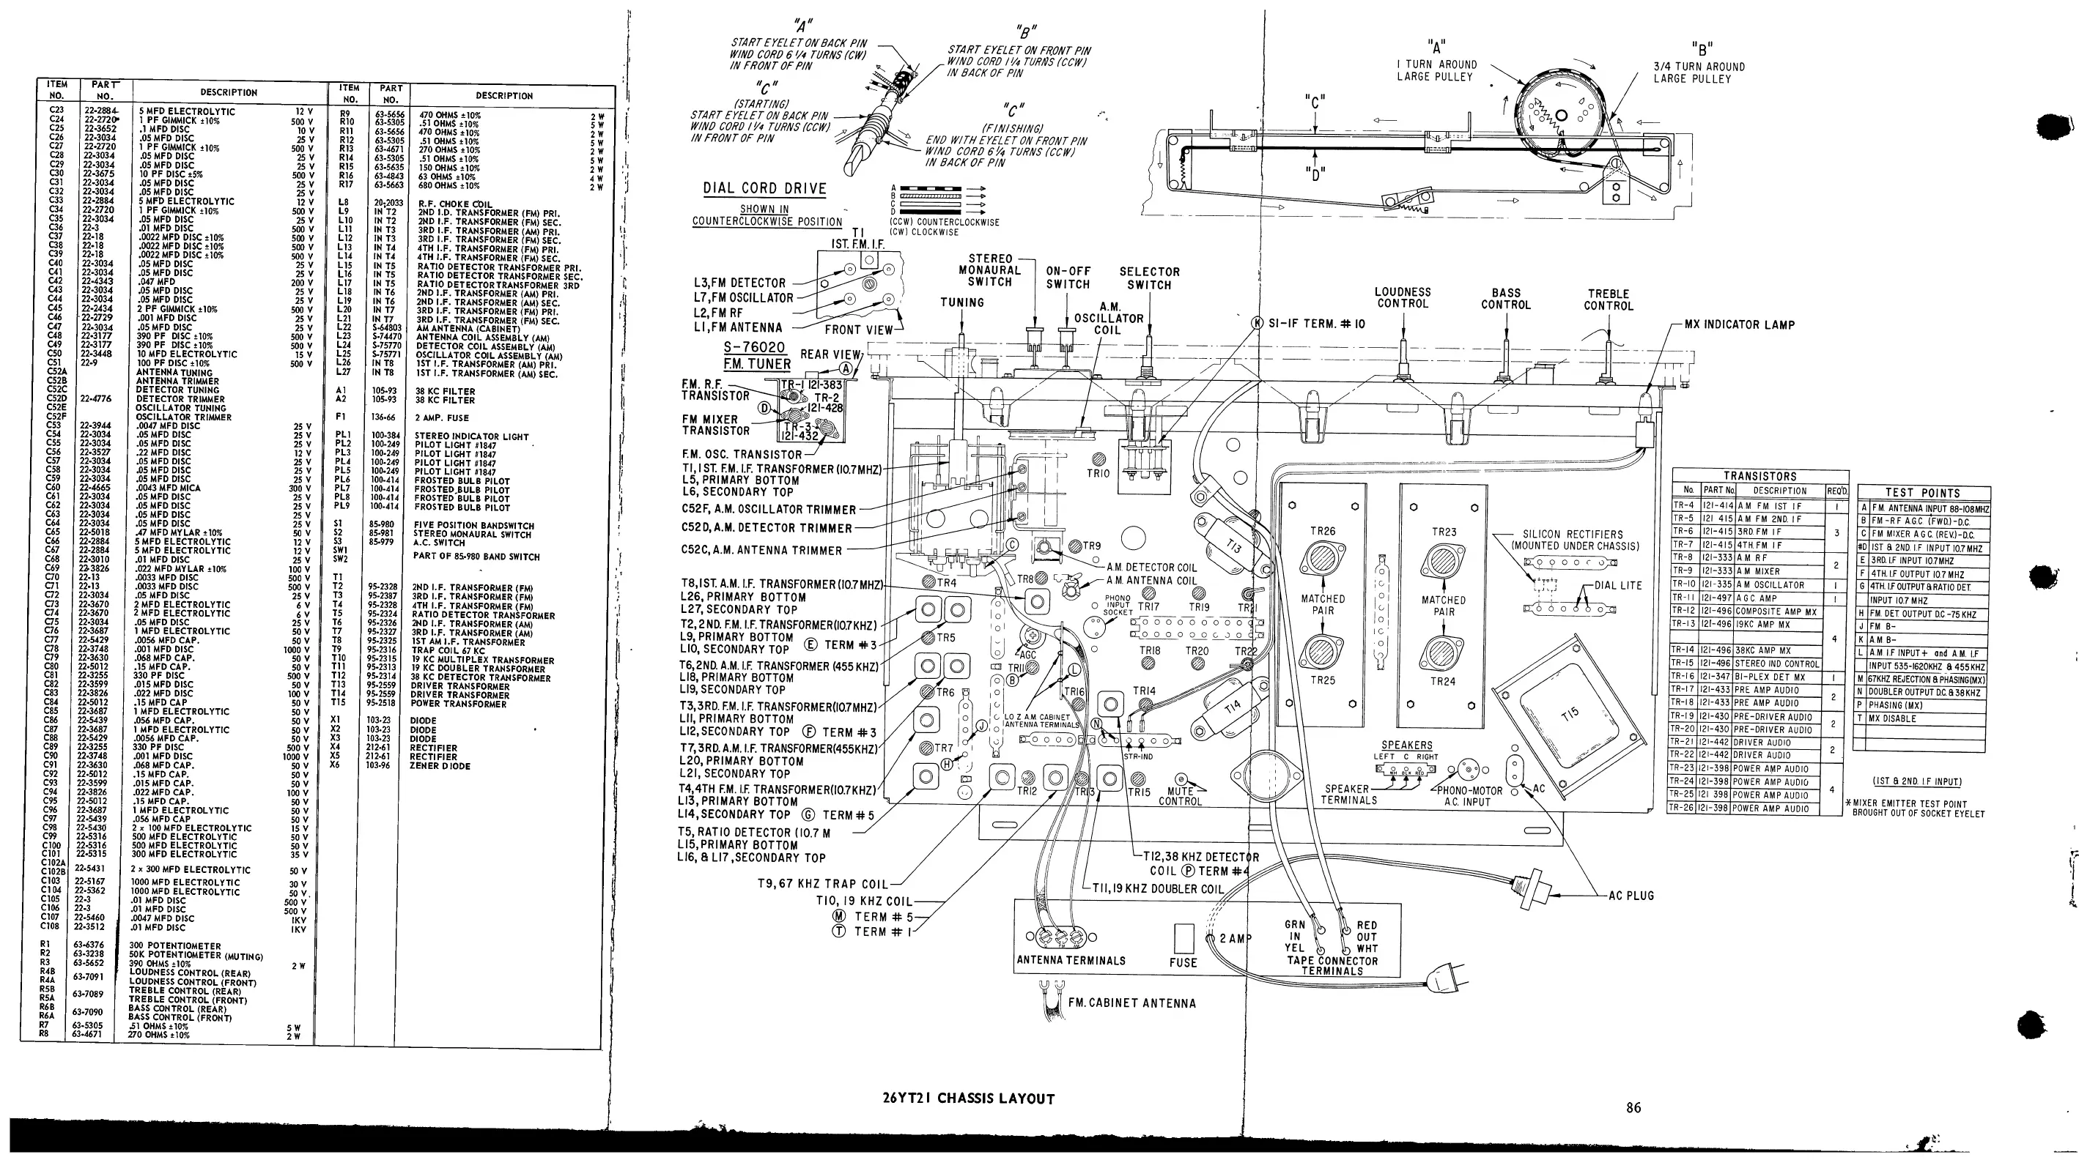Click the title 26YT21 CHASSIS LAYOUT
pyautogui.click(x=969, y=1098)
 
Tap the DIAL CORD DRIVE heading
pyautogui.click(x=764, y=189)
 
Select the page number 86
pyautogui.click(x=1633, y=1107)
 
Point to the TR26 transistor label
pyautogui.click(x=1323, y=531)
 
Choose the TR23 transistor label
pyautogui.click(x=1444, y=532)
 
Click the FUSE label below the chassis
pyautogui.click(x=1183, y=962)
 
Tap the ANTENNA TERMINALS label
pyautogui.click(x=1070, y=961)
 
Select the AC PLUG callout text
pyautogui.click(x=1631, y=896)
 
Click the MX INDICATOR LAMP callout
pyautogui.click(x=1739, y=325)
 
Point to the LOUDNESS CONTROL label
pyautogui.click(x=1403, y=297)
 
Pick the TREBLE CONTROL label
pyautogui.click(x=1609, y=300)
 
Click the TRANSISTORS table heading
pyautogui.click(x=1760, y=477)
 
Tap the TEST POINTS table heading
pyautogui.click(x=1922, y=493)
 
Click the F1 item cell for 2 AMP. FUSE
pyautogui.click(x=342, y=417)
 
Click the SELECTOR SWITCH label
pyautogui.click(x=1149, y=278)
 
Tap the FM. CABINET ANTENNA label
pyautogui.click(x=1131, y=1003)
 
